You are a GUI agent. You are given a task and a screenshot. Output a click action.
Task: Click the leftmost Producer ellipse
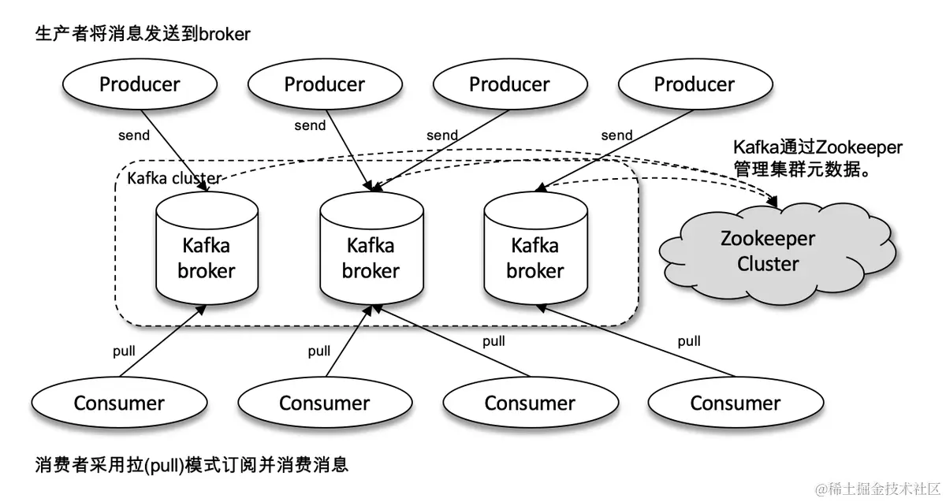point(140,84)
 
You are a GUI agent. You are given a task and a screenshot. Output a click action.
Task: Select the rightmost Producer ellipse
point(695,84)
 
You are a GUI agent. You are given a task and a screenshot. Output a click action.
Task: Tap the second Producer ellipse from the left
point(325,84)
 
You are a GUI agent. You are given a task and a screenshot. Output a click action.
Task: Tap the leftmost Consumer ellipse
point(119,403)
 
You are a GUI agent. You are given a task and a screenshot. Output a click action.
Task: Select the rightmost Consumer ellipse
point(735,403)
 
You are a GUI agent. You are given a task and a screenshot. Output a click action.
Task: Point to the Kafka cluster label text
point(173,179)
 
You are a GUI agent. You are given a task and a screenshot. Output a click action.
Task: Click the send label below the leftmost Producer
point(134,135)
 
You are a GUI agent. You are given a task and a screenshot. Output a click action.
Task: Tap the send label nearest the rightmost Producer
point(616,135)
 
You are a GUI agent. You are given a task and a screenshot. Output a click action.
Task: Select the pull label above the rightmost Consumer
point(689,341)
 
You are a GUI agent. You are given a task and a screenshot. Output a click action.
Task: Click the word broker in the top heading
point(224,34)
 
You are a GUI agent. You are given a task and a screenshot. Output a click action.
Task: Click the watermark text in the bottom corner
point(877,489)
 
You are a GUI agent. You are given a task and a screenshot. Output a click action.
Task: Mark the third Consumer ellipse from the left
point(530,403)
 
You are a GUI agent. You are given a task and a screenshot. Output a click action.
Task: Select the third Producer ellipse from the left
point(509,84)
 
